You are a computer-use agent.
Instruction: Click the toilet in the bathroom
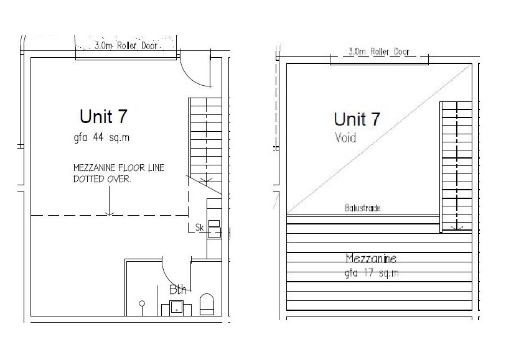(x=207, y=305)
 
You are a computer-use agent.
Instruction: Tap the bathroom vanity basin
(x=175, y=308)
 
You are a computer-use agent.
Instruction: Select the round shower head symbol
(x=142, y=303)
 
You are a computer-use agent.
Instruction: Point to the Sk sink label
(x=200, y=228)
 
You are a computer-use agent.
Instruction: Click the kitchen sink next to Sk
(x=215, y=229)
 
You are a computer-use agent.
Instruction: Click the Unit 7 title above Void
(x=357, y=119)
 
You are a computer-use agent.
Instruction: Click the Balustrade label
(x=362, y=208)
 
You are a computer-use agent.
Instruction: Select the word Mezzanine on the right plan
(x=372, y=258)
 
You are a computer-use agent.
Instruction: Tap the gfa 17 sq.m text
(x=372, y=273)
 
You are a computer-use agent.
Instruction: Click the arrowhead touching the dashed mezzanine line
(x=109, y=213)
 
